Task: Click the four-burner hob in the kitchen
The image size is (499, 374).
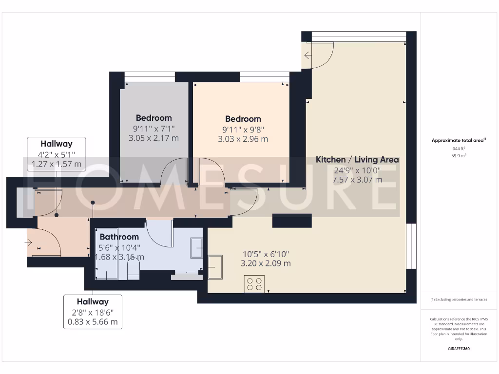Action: click(254, 284)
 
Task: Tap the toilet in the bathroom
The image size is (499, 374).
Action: click(133, 269)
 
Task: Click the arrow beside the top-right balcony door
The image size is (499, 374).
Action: click(307, 55)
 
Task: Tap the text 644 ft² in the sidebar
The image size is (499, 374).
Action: click(458, 149)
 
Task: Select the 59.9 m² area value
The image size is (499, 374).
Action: click(458, 155)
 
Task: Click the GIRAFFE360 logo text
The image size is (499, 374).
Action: click(459, 349)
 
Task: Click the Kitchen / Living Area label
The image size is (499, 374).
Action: click(357, 160)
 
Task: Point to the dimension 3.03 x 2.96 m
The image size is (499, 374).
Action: click(243, 139)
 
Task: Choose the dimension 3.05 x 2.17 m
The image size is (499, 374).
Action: click(154, 138)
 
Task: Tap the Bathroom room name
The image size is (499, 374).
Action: click(119, 237)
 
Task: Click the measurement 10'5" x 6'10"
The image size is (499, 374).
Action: click(266, 254)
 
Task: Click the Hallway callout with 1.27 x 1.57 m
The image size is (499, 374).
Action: click(57, 154)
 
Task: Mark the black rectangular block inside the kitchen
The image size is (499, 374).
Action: click(291, 221)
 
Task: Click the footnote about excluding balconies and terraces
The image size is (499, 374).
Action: click(458, 299)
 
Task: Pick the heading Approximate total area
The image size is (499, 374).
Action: click(458, 140)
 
